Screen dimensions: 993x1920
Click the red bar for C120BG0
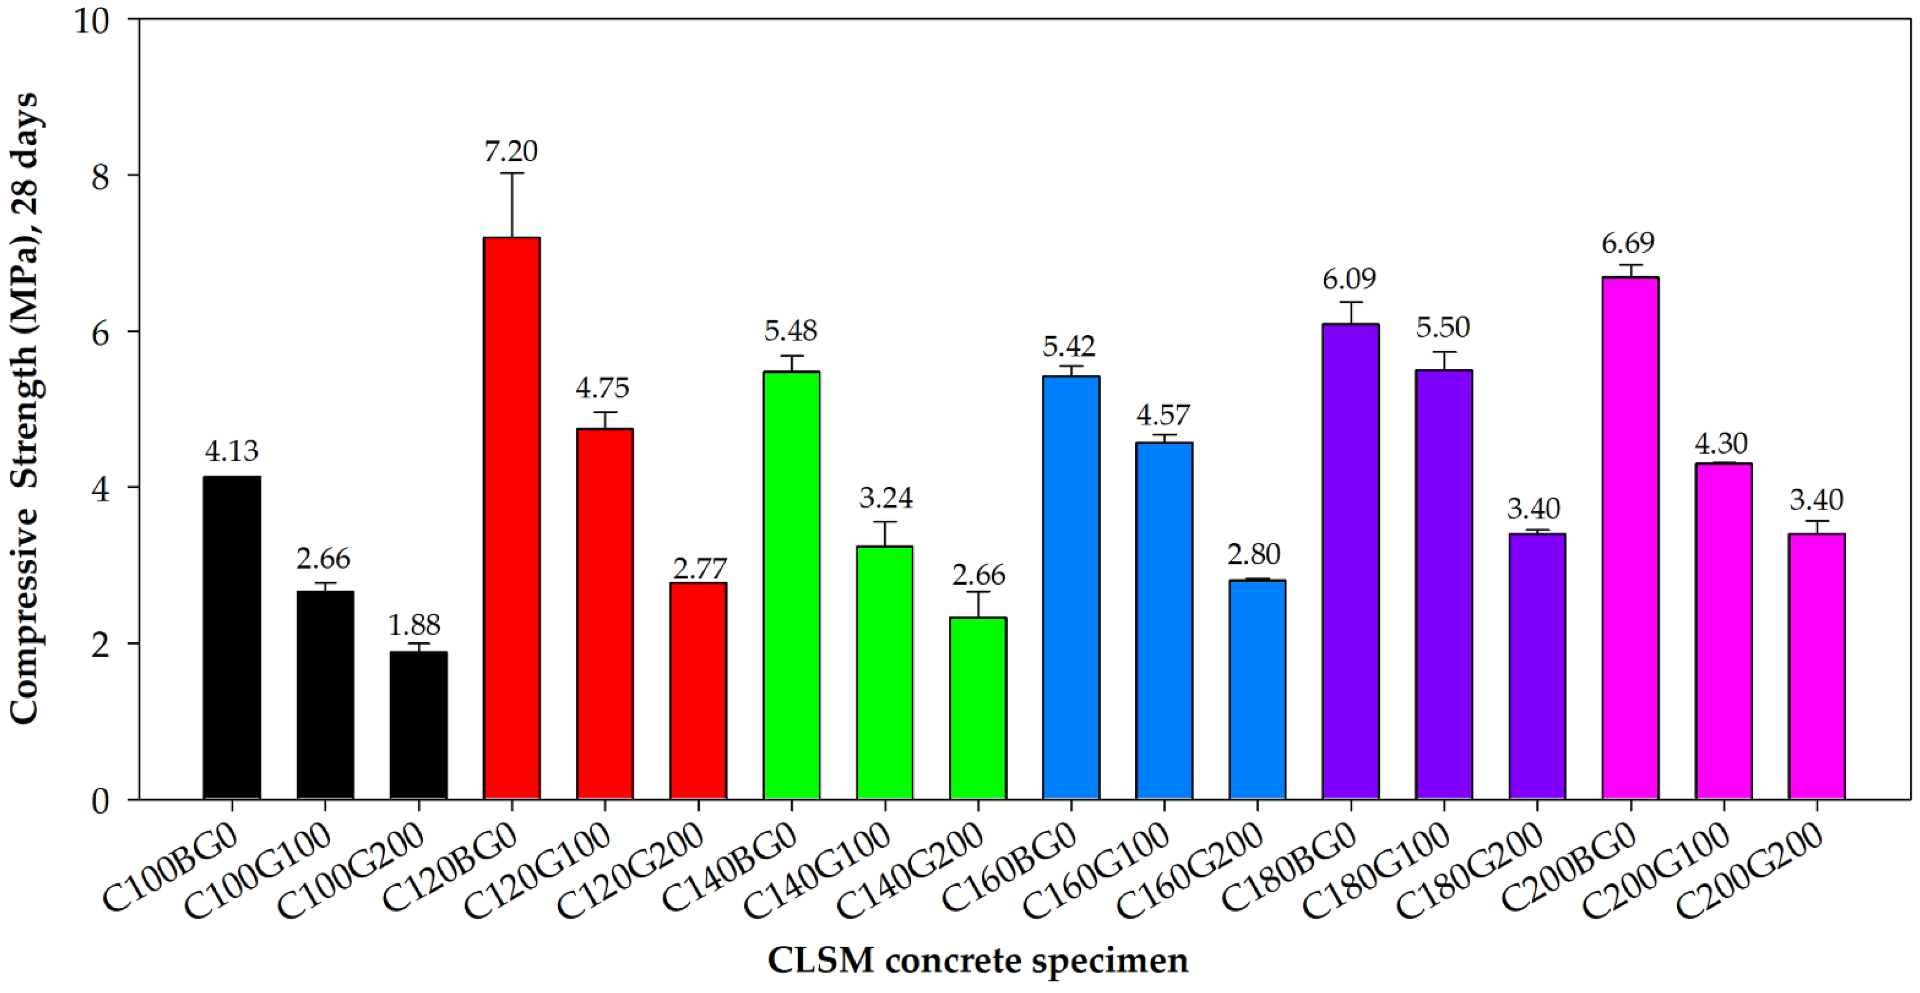pos(512,518)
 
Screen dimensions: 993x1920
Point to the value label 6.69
pos(1629,243)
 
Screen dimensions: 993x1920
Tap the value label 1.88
pos(414,625)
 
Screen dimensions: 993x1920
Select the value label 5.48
pos(791,330)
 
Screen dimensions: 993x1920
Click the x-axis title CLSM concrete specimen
pos(978,960)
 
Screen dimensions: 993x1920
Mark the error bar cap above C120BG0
pos(512,173)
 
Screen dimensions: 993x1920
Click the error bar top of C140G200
pos(978,592)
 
